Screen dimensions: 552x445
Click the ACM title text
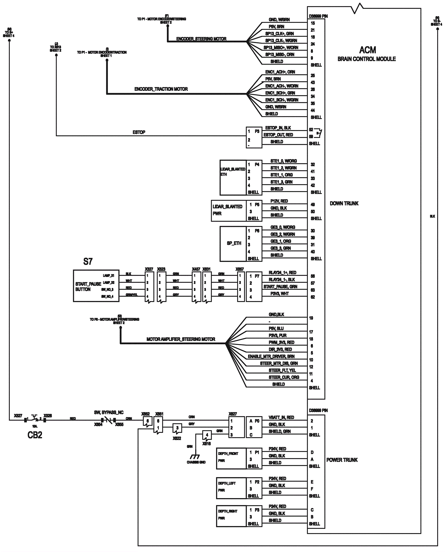tap(367, 50)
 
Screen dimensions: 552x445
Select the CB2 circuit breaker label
tap(35, 435)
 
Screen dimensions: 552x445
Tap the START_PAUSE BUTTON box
tap(96, 286)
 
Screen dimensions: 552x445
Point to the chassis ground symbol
tap(195, 457)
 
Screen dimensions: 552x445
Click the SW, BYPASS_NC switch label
tap(108, 412)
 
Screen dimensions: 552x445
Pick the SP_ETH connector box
tap(233, 243)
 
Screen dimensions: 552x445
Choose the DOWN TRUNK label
tap(344, 203)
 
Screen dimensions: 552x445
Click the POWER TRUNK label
tap(342, 460)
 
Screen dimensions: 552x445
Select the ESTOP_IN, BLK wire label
tap(278, 128)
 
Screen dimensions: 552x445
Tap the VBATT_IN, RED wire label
tap(281, 417)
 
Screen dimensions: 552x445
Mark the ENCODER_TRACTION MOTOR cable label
tap(161, 89)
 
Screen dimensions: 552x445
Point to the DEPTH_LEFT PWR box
tap(231, 488)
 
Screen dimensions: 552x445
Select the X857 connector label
tap(239, 269)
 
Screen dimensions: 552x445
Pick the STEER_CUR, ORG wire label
tap(284, 377)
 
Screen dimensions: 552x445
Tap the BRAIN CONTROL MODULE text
tap(367, 59)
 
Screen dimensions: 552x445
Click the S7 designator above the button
tap(88, 262)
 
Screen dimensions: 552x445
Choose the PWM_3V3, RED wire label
tap(281, 342)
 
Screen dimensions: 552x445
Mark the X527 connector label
tap(18, 416)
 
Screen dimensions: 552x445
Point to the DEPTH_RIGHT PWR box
tap(231, 516)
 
